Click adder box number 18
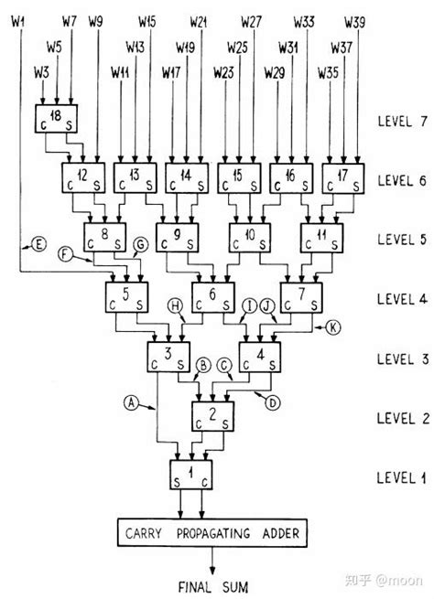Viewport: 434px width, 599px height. point(53,120)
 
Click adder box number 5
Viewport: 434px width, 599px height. point(128,297)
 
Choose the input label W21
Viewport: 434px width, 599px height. point(199,19)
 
